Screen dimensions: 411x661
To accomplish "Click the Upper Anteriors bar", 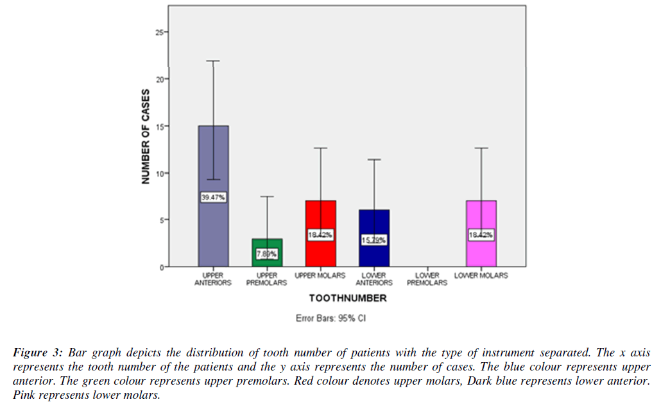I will tap(213, 161).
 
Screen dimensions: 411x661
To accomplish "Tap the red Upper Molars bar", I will tap(320, 218).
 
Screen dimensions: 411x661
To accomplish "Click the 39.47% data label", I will tap(213, 198).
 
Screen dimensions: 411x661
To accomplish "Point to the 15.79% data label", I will tap(373, 240).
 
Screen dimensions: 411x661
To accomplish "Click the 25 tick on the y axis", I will tap(160, 32).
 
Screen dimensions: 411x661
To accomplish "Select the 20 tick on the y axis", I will tap(160, 79).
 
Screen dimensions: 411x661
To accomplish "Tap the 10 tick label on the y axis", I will tap(160, 173).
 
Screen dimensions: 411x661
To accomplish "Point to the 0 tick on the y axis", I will tap(162, 267).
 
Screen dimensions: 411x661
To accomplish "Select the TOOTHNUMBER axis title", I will tap(347, 298).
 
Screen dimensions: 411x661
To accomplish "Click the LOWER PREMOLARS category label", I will tap(427, 279).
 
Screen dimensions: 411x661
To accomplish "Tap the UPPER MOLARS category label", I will tap(320, 275).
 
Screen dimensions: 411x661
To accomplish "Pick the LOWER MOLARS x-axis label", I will tap(481, 275).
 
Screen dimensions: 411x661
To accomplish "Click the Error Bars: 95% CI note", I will tap(330, 317).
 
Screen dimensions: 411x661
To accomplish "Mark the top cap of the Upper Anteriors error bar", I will tap(213, 61).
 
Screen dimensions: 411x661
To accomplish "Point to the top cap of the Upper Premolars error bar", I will tap(266, 197).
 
